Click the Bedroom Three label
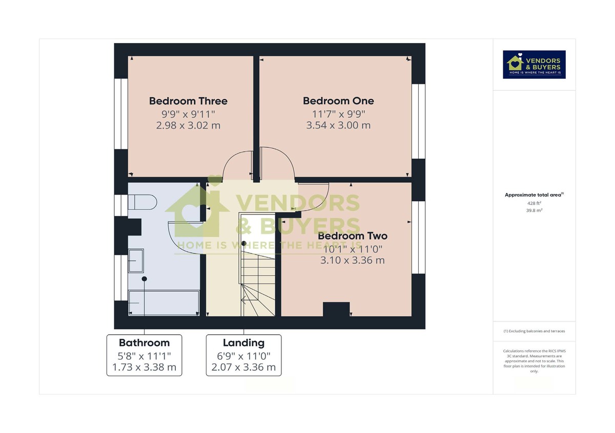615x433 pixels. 188,101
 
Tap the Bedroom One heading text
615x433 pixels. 338,101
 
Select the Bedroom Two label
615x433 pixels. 353,236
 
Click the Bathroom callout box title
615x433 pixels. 144,343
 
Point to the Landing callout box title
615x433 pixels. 243,343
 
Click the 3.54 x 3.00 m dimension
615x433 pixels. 338,125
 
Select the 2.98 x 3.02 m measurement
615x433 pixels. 188,125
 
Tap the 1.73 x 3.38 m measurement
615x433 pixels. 144,367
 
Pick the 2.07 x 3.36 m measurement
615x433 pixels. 243,367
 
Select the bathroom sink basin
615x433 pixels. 136,261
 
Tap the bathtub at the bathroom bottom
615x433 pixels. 163,302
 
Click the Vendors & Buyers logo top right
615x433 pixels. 534,64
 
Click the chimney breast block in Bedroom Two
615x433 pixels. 336,309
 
